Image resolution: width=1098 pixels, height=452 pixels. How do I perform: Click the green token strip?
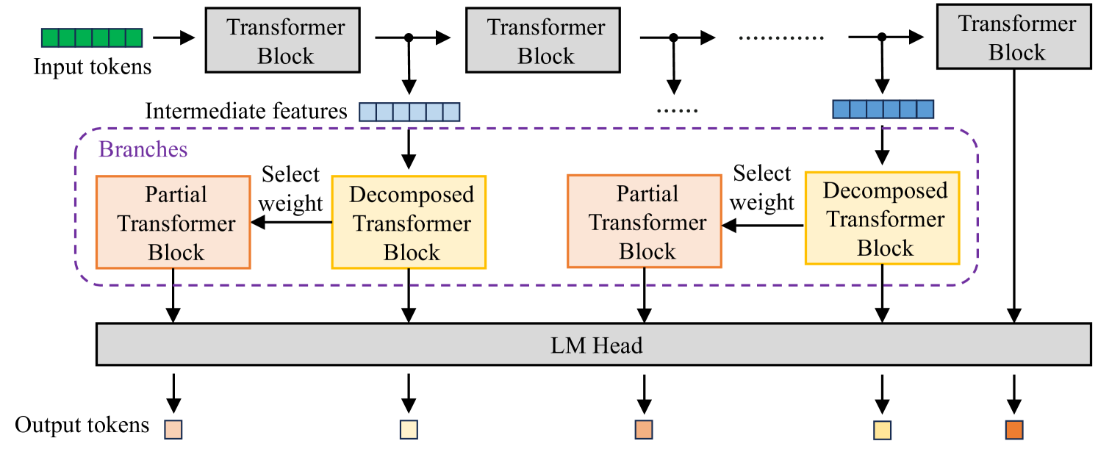pyautogui.click(x=91, y=38)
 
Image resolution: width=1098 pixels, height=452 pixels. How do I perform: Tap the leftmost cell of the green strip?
pyautogui.click(x=49, y=38)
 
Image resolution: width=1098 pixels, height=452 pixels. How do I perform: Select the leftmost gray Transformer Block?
pyautogui.click(x=282, y=40)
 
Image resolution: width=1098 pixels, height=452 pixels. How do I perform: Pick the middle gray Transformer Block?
pyautogui.click(x=543, y=40)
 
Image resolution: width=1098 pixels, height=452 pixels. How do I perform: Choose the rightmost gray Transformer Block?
pyautogui.click(x=1014, y=37)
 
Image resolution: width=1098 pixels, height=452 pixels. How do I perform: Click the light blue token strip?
pyautogui.click(x=409, y=112)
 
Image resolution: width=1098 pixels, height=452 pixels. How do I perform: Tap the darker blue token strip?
pyautogui.click(x=883, y=110)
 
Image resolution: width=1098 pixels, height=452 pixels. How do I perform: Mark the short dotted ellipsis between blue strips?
pyautogui.click(x=676, y=112)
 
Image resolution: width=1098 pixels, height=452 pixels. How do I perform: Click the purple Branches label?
pyautogui.click(x=143, y=150)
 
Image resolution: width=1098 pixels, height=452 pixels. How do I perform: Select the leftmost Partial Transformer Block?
pyautogui.click(x=173, y=223)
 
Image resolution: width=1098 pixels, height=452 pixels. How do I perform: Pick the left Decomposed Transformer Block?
pyautogui.click(x=409, y=223)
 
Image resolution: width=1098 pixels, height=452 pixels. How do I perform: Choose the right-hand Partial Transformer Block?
pyautogui.click(x=645, y=221)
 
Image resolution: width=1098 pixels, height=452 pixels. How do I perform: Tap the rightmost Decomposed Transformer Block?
pyautogui.click(x=882, y=218)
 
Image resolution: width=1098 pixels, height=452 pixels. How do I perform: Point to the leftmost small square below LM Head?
pyautogui.click(x=173, y=429)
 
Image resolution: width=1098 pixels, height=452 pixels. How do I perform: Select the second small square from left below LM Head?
pyautogui.click(x=409, y=429)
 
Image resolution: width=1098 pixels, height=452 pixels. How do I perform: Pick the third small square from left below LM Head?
pyautogui.click(x=644, y=429)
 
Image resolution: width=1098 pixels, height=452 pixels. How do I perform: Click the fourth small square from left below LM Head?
pyautogui.click(x=882, y=430)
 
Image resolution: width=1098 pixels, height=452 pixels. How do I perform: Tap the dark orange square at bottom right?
pyautogui.click(x=1014, y=429)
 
